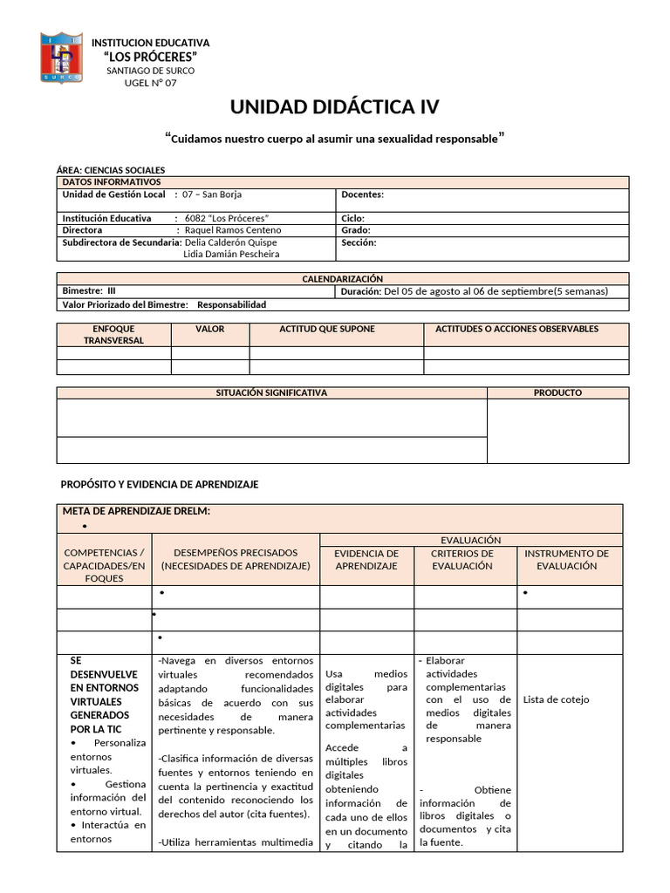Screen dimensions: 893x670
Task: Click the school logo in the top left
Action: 62,58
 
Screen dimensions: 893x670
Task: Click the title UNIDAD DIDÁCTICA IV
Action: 335,107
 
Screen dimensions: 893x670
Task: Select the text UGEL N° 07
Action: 150,83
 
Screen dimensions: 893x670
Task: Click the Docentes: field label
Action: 362,194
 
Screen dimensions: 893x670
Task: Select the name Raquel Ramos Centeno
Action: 233,230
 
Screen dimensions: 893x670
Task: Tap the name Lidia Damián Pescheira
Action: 232,254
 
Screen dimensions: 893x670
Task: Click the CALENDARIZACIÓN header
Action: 342,278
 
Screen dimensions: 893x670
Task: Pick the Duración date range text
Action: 496,291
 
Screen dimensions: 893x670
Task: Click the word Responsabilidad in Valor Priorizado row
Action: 231,305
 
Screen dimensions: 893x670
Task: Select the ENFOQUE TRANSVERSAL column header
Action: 113,334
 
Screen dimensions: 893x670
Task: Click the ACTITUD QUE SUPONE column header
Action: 327,329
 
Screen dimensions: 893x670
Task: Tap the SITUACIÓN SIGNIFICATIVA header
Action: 271,393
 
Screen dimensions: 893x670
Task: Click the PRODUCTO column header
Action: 557,393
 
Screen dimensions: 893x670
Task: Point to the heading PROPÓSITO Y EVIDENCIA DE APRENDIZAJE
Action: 159,484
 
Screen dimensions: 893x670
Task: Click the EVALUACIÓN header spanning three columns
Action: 471,541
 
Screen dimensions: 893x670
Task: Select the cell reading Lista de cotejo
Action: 557,699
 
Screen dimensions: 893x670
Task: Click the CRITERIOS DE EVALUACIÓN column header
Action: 462,559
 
